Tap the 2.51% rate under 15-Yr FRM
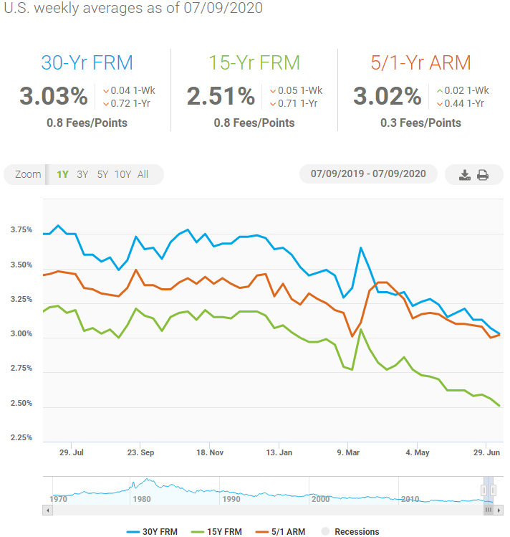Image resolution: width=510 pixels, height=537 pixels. (221, 96)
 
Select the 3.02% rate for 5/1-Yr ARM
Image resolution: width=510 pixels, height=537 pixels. (388, 96)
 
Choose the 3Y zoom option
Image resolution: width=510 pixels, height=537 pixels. (82, 174)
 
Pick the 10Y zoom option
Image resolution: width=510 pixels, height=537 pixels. (122, 174)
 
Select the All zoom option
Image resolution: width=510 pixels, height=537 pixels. (143, 174)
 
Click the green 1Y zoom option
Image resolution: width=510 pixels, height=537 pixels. (62, 174)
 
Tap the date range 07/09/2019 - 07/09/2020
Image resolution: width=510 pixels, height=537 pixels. (368, 174)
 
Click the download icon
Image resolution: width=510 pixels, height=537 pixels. (464, 175)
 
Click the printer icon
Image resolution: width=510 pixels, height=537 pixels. (483, 175)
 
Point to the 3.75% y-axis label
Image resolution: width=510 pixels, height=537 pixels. (21, 230)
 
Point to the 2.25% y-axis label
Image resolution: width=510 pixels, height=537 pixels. (21, 438)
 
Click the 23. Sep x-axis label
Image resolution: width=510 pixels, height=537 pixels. (140, 453)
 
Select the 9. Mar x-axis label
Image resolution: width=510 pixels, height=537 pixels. (348, 453)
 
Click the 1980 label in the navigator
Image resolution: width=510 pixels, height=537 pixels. (141, 499)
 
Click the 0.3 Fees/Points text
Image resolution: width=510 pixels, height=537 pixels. (420, 123)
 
